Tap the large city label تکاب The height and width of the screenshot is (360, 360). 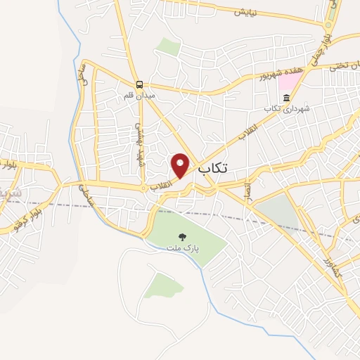(x=214, y=169)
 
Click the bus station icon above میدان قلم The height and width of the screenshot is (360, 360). (x=141, y=83)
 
